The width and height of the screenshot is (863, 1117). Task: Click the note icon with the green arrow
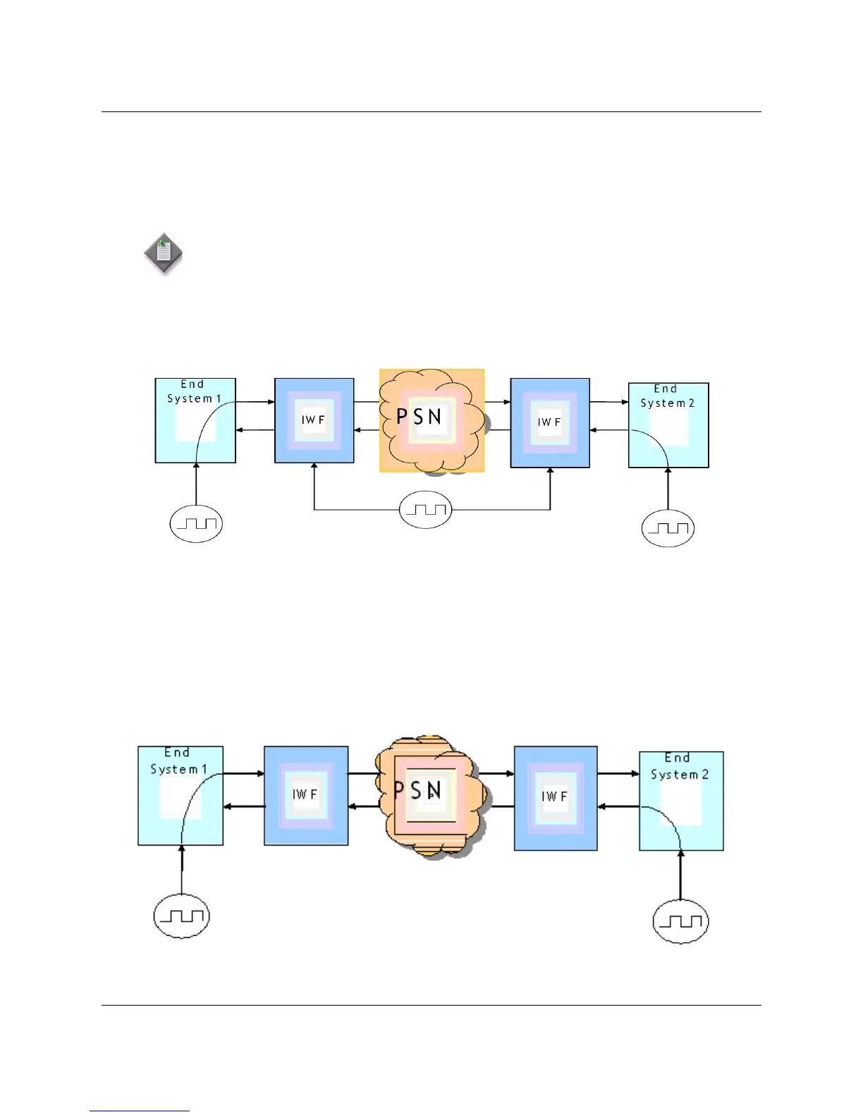click(163, 252)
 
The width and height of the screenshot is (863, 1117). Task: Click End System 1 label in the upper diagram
click(193, 391)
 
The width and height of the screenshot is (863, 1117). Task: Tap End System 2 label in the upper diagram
click(666, 396)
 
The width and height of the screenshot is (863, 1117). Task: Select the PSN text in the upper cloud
click(419, 417)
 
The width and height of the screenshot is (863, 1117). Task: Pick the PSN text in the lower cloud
click(417, 791)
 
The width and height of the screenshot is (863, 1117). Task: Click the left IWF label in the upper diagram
click(313, 420)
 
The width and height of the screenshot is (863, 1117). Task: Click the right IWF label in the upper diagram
click(549, 422)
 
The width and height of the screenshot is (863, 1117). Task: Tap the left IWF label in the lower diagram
click(305, 794)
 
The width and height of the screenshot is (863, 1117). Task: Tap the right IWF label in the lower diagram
click(554, 796)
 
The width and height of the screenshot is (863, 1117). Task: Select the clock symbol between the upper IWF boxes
click(425, 509)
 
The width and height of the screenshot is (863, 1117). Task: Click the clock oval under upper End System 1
click(197, 524)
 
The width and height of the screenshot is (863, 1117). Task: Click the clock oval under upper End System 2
click(668, 528)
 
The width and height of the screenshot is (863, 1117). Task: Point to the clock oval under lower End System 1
click(182, 916)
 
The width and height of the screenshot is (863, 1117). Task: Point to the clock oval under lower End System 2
click(680, 921)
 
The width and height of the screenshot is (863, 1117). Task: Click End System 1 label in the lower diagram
click(178, 761)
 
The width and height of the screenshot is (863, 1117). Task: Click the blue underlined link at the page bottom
click(140, 1110)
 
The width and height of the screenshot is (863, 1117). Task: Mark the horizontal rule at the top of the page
click(431, 111)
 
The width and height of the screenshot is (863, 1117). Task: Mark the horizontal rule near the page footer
click(431, 1005)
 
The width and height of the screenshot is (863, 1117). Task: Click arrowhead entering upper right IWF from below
click(550, 471)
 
